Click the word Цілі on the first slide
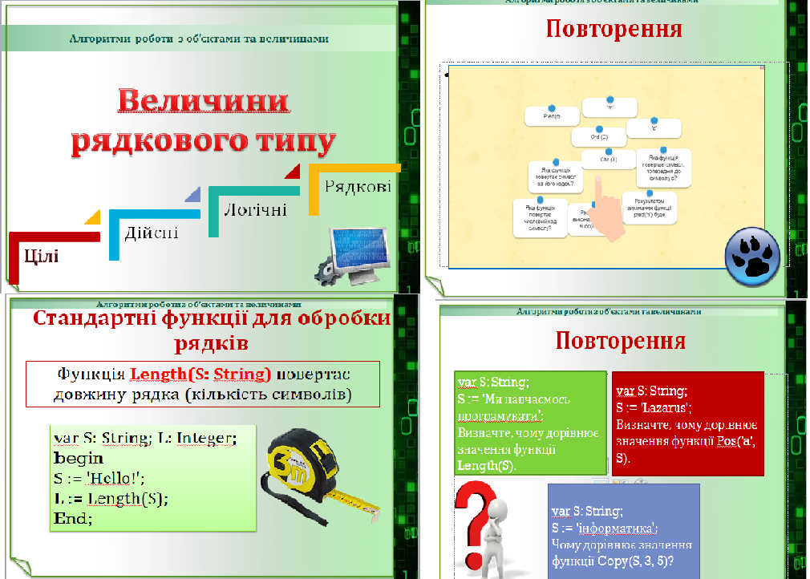point(41,256)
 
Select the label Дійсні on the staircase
point(151,233)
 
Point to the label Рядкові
point(358,188)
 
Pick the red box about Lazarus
point(686,423)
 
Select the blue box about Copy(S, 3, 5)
point(622,530)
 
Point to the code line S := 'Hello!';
point(98,478)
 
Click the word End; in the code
point(73,518)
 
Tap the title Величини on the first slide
point(203,102)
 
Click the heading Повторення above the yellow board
point(614,30)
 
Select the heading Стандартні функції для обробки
point(212,319)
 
